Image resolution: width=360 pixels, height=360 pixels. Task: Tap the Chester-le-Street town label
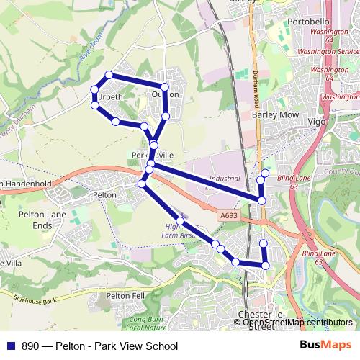click(x=256, y=322)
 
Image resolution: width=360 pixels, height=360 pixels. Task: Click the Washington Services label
click(x=328, y=52)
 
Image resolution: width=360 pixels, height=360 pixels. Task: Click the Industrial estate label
click(x=225, y=180)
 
